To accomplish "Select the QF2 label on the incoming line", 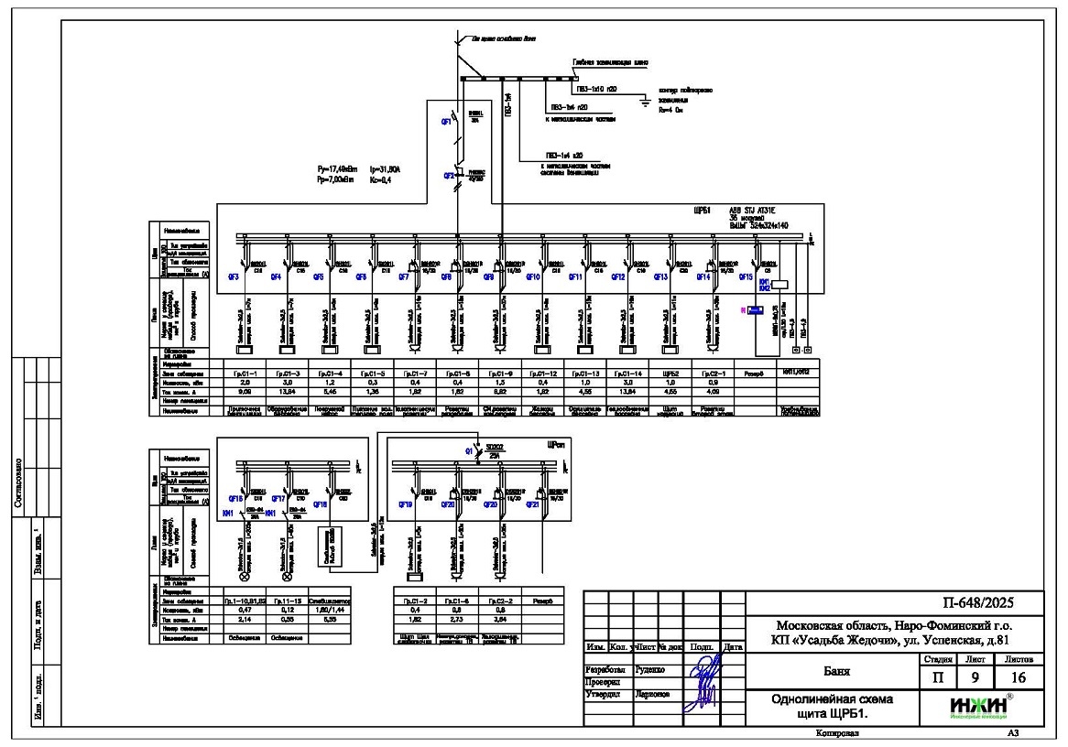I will tap(448, 174).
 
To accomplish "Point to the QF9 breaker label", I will tap(488, 276).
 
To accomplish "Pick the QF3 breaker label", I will tap(234, 276).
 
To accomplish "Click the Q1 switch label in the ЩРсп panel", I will tap(467, 450).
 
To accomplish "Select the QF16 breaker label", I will tap(234, 503).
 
